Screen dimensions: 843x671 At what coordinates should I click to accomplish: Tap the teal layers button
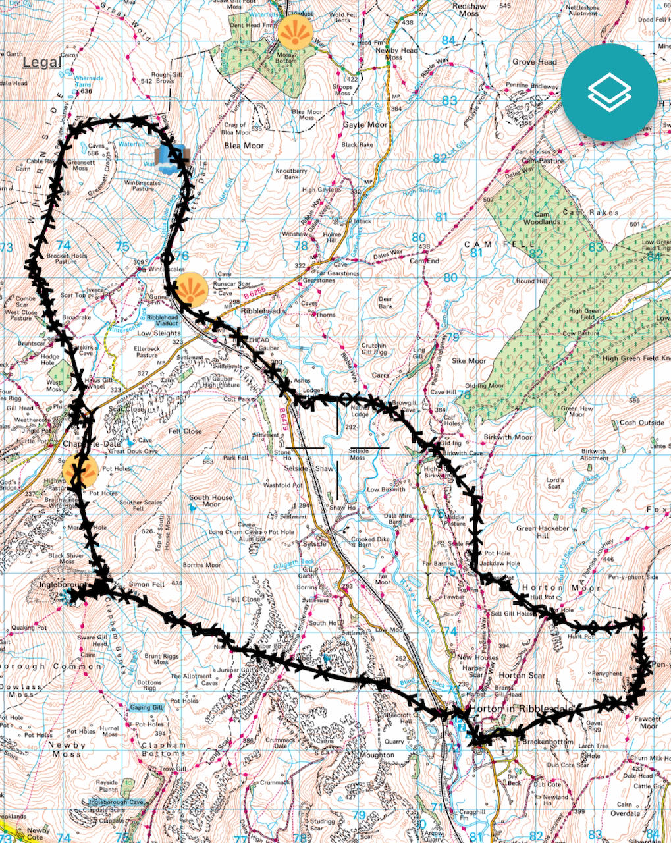click(x=610, y=93)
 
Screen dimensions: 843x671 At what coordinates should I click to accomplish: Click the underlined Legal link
click(x=41, y=63)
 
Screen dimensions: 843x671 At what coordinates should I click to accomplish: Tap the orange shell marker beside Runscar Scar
click(x=192, y=288)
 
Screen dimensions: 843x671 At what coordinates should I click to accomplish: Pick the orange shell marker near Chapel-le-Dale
click(x=80, y=470)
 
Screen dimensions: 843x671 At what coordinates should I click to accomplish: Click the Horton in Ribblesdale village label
click(x=523, y=709)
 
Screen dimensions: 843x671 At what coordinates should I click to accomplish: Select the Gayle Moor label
click(x=365, y=124)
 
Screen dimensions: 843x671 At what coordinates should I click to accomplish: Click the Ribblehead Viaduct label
click(x=162, y=321)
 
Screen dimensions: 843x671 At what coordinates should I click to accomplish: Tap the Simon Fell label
click(x=147, y=584)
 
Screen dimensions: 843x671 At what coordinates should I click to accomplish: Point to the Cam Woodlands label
click(x=537, y=218)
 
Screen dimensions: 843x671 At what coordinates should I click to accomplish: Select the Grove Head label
click(x=535, y=62)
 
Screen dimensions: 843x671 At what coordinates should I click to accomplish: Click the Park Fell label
click(x=236, y=457)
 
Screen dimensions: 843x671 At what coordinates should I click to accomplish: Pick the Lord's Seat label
click(x=555, y=483)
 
